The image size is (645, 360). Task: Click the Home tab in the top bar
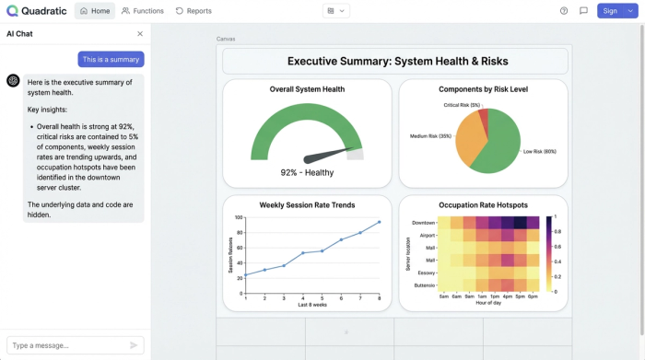(x=95, y=11)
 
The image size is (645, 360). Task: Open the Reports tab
(x=193, y=11)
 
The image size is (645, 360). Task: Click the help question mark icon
(x=564, y=11)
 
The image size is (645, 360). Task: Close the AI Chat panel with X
(x=140, y=33)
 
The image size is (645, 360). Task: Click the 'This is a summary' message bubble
(x=111, y=59)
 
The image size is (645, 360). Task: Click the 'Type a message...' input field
(x=64, y=345)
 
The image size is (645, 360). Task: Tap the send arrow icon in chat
(x=134, y=345)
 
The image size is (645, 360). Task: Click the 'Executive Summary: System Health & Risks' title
(x=396, y=62)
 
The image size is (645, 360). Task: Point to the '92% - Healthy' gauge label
(x=307, y=172)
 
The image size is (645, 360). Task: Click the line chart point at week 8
(x=379, y=222)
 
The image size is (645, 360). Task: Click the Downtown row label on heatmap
(x=423, y=222)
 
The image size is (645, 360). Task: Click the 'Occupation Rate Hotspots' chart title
(x=483, y=204)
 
